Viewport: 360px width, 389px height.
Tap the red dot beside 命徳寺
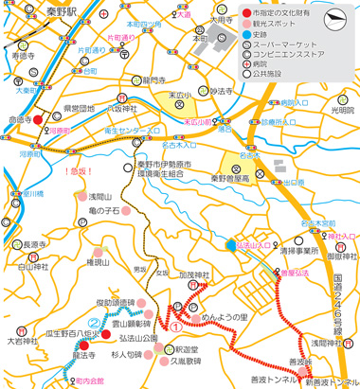(x=37, y=121)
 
